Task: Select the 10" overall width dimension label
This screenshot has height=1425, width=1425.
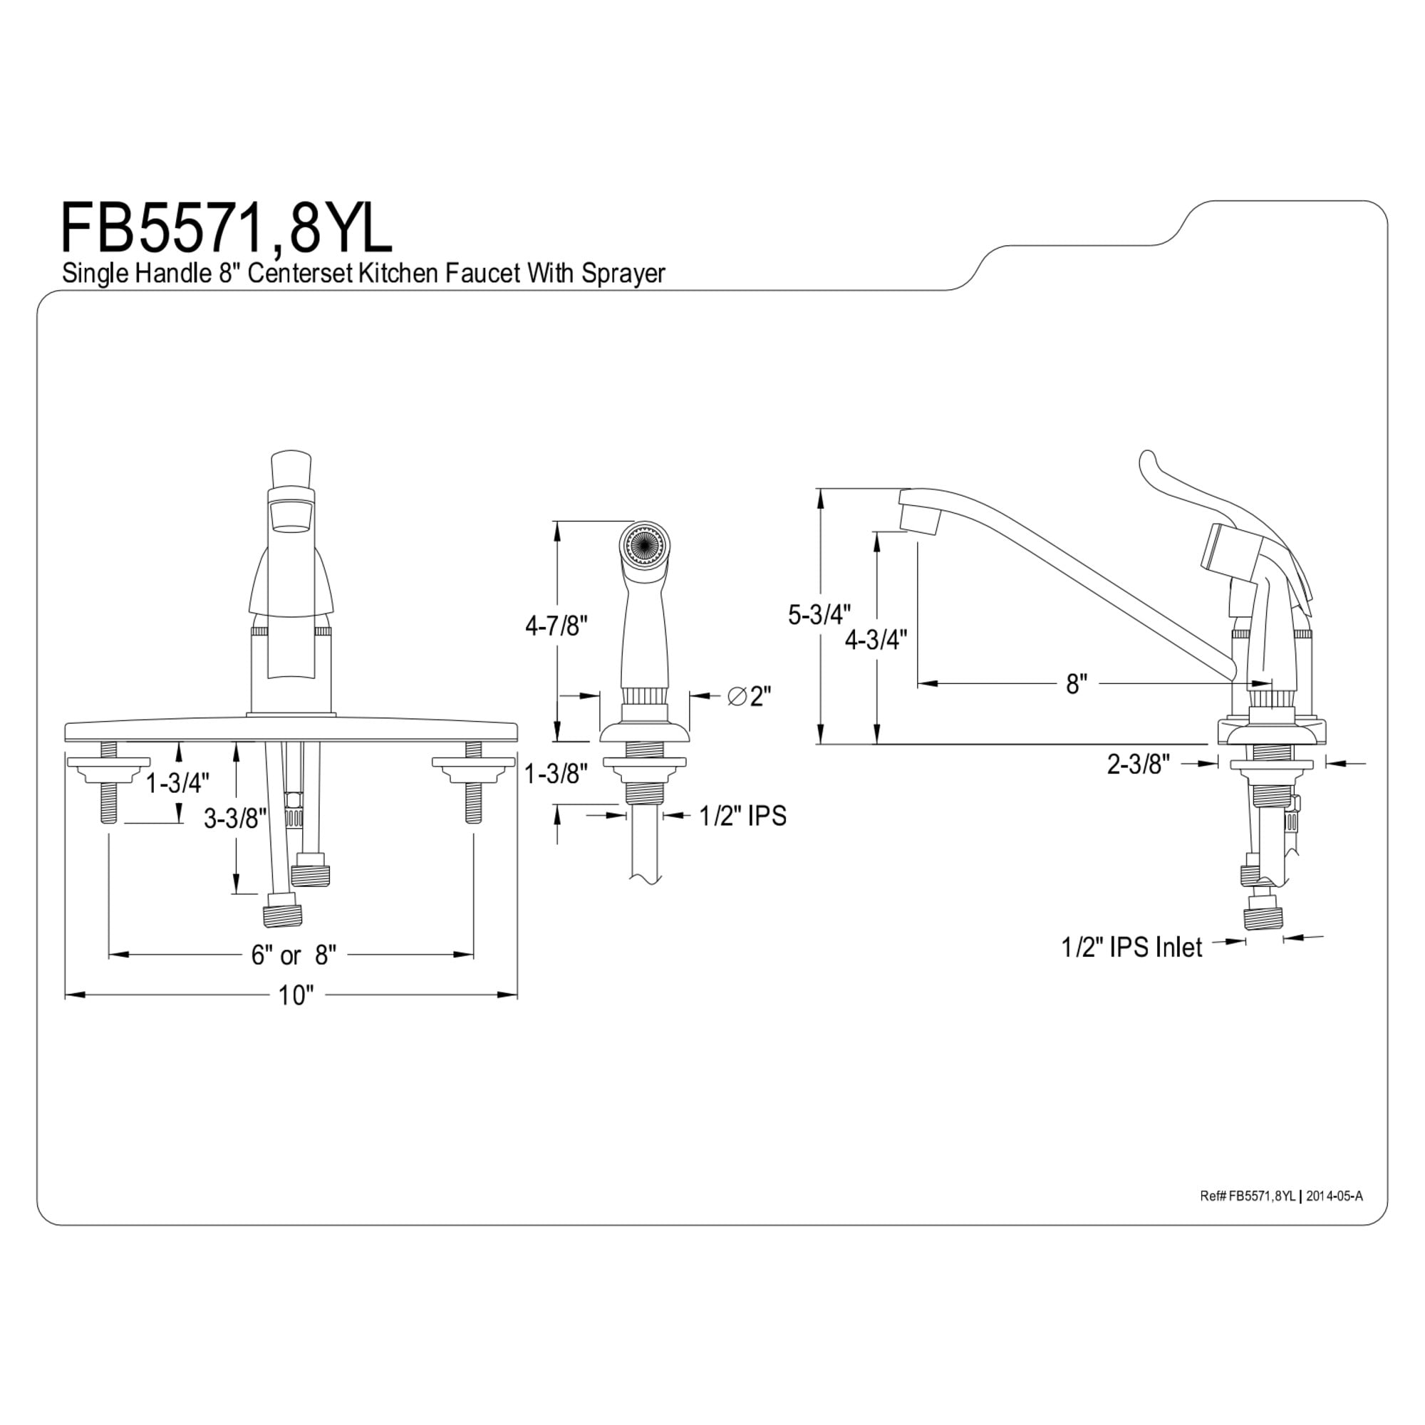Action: coord(296,996)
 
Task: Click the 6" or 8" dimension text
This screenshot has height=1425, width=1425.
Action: coord(294,955)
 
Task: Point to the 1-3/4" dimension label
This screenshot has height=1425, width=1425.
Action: coord(177,783)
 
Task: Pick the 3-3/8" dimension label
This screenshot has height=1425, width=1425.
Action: coord(235,818)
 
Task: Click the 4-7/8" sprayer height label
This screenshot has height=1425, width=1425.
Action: coord(556,626)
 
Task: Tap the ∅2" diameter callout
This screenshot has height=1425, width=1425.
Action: coord(750,695)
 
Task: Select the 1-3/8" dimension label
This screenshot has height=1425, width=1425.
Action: coord(556,774)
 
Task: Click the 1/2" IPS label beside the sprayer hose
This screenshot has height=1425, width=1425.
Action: coord(742,816)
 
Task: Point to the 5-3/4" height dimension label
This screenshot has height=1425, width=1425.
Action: coord(819,614)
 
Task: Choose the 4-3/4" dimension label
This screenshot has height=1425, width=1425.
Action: coord(876,640)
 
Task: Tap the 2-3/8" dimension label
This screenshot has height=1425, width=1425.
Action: coord(1139,764)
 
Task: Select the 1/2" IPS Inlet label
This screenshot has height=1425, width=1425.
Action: coord(1131,947)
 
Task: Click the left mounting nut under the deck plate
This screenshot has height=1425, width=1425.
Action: coord(108,769)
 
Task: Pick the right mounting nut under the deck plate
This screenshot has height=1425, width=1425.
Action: coord(474,769)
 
